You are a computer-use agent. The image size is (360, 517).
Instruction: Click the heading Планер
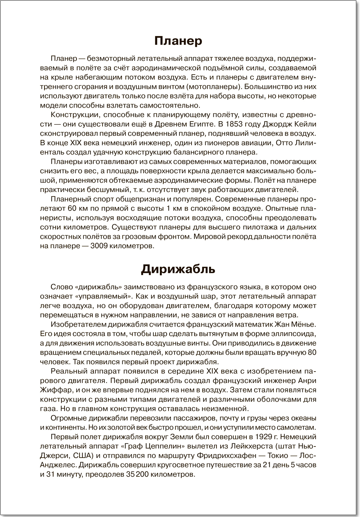(x=178, y=41)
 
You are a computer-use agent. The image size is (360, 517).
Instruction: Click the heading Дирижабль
(x=178, y=269)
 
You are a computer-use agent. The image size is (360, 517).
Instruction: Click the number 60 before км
(x=71, y=209)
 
